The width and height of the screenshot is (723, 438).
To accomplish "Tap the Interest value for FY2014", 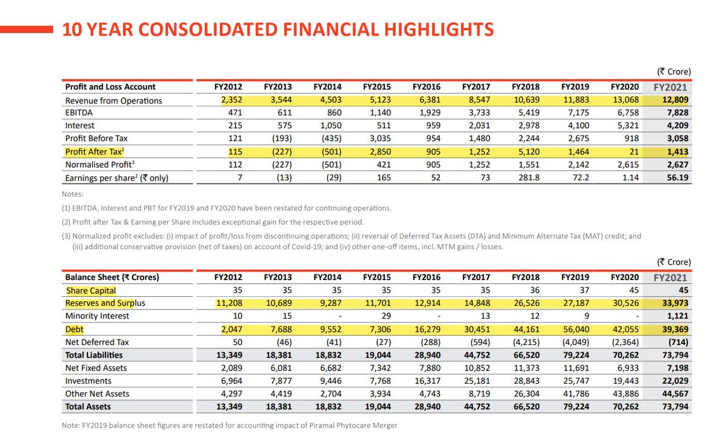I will (x=328, y=125).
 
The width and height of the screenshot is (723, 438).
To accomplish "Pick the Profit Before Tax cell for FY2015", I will (x=378, y=138).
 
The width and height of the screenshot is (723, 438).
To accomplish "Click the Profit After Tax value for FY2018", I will (x=527, y=151).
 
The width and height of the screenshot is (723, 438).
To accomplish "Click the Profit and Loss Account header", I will (x=110, y=87).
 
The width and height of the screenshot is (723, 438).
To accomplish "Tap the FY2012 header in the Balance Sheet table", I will (x=228, y=278).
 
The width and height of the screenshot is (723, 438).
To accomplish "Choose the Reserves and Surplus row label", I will (x=105, y=303).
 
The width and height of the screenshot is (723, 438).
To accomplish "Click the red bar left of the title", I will (x=27, y=27).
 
